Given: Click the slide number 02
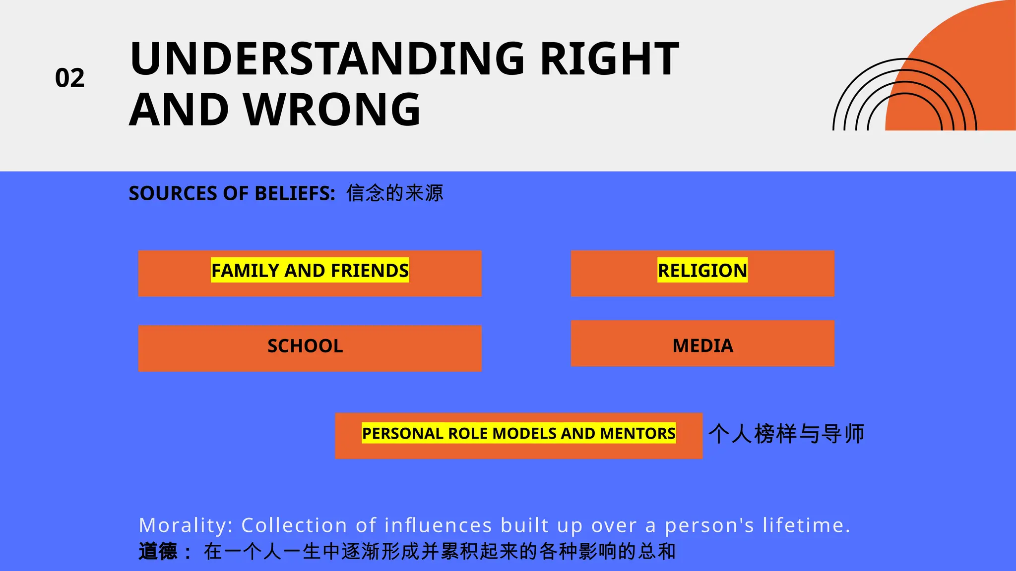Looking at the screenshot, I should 70,78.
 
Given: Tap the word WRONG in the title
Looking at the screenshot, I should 332,110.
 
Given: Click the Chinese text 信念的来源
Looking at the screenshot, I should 395,193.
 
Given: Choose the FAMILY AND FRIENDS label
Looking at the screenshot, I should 310,271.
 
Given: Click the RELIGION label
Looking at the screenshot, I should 702,271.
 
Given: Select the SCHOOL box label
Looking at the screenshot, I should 305,346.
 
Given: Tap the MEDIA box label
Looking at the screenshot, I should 702,345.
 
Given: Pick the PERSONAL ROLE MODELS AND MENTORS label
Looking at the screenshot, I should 518,434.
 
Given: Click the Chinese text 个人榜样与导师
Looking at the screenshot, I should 786,434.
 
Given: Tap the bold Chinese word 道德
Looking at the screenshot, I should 158,551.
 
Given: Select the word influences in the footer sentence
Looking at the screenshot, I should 438,525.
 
